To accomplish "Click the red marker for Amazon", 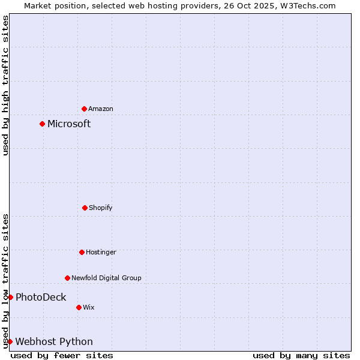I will pyautogui.click(x=84, y=109).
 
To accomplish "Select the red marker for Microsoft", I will pyautogui.click(x=42, y=124).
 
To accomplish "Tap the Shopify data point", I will pyautogui.click(x=85, y=208).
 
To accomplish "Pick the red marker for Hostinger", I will pyautogui.click(x=82, y=252).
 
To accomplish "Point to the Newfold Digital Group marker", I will pyautogui.click(x=67, y=278).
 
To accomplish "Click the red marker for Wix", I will pyautogui.click(x=79, y=307).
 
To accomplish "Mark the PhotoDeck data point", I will pyautogui.click(x=10, y=297).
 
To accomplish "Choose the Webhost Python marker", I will pyautogui.click(x=10, y=341).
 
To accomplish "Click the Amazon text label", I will pyautogui.click(x=101, y=109).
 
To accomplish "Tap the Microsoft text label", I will pyautogui.click(x=69, y=124).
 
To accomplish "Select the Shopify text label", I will pyautogui.click(x=101, y=208).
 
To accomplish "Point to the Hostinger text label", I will pyautogui.click(x=101, y=252).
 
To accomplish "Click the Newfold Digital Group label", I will pyautogui.click(x=106, y=278).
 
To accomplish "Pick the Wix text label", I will pyautogui.click(x=89, y=307).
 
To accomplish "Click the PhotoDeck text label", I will pyautogui.click(x=41, y=297).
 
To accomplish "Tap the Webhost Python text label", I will pyautogui.click(x=54, y=341).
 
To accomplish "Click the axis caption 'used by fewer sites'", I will pyautogui.click(x=62, y=355).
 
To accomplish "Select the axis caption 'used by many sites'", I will pyautogui.click(x=301, y=355).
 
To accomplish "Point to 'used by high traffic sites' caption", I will pyautogui.click(x=5, y=85).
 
